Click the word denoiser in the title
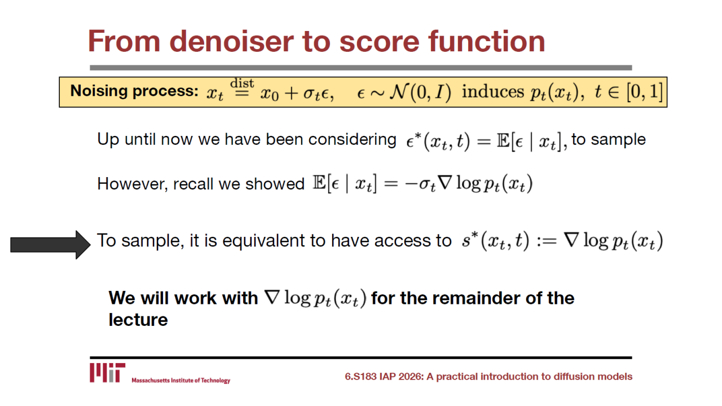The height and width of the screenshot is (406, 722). click(231, 41)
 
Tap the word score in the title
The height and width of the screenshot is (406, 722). click(379, 42)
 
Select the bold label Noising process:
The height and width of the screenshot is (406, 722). click(134, 91)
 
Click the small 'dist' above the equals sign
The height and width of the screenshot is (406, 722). click(242, 83)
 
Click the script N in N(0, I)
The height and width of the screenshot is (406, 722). click(400, 91)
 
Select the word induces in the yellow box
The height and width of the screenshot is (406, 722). click(493, 91)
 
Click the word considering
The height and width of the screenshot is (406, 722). click(353, 140)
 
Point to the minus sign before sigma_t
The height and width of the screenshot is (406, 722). click(411, 184)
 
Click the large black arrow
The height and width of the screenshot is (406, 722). click(51, 245)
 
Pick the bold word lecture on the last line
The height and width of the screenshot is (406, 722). click(138, 320)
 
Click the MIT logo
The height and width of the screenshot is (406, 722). click(107, 373)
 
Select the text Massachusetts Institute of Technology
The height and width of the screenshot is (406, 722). click(181, 381)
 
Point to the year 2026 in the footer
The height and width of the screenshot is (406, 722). click(411, 377)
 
